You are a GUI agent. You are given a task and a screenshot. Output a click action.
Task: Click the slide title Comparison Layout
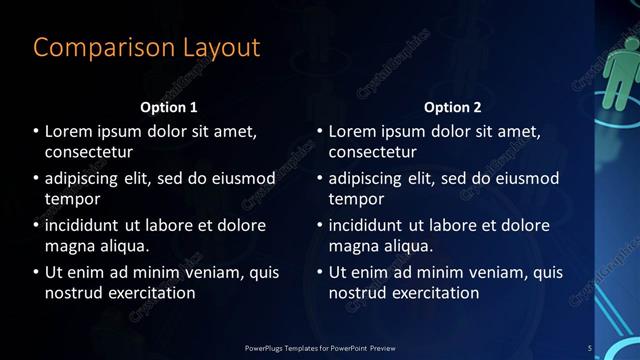146,47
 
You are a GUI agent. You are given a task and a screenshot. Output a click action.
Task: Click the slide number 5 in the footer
590,347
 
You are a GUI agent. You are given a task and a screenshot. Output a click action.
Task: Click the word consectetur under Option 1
89,152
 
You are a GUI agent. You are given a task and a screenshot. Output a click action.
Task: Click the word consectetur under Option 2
373,152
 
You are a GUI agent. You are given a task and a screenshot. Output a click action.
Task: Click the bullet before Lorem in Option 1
36,131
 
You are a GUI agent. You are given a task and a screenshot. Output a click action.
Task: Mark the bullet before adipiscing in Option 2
320,178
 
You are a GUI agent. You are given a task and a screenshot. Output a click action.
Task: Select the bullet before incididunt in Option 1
36,225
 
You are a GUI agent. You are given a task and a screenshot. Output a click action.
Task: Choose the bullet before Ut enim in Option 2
320,272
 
